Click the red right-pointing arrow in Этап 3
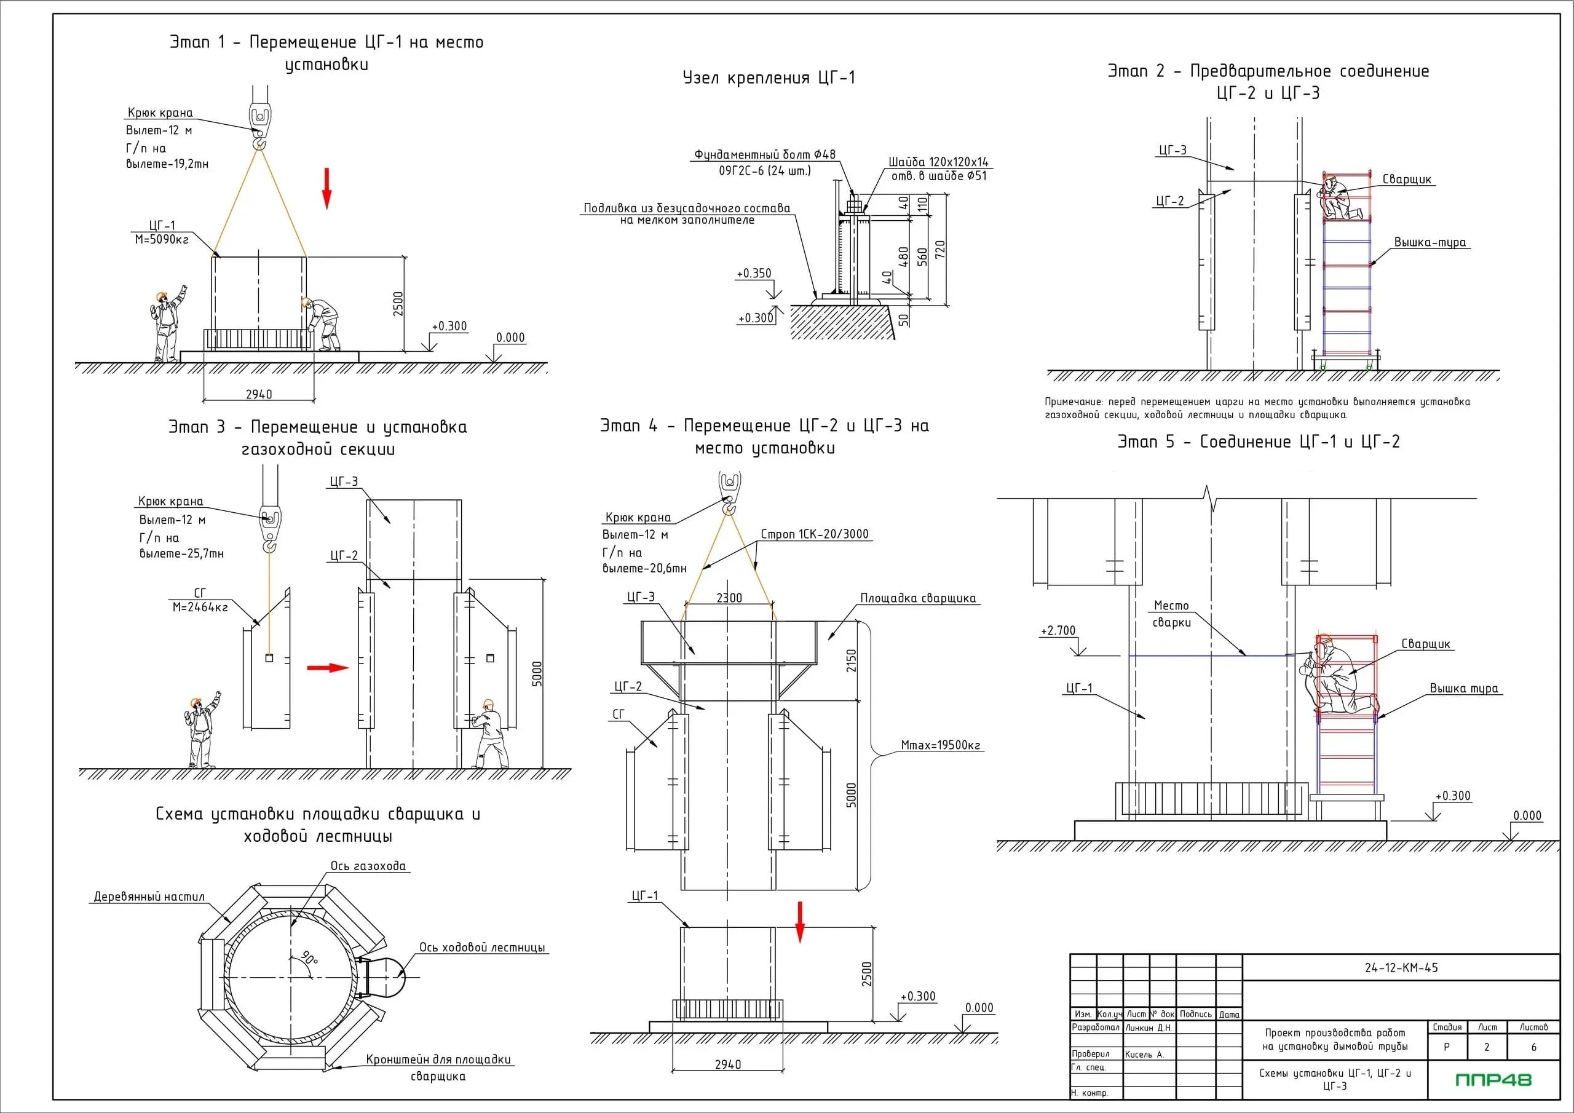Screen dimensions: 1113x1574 (x=328, y=668)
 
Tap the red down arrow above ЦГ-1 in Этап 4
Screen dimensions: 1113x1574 (x=799, y=922)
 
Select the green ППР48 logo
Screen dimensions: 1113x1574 (x=1493, y=1079)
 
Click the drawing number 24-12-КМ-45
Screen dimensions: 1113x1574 (x=1401, y=968)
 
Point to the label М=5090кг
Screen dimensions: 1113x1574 (x=161, y=239)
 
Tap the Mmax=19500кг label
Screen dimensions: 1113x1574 (x=940, y=745)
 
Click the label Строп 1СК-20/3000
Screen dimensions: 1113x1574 (x=815, y=534)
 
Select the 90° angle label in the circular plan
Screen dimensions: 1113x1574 (x=310, y=958)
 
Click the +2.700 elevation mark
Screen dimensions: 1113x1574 (x=1058, y=631)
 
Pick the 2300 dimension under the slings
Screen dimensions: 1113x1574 (x=729, y=598)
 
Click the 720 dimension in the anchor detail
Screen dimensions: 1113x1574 (x=940, y=248)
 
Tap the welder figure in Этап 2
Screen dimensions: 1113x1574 (x=1334, y=198)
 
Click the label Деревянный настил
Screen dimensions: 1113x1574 (x=149, y=897)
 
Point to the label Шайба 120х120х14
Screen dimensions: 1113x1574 (x=938, y=162)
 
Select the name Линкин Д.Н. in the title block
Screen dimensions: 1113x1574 (x=1149, y=1028)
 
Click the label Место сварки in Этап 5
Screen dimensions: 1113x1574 (x=1171, y=614)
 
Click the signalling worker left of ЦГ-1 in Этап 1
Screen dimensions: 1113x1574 (x=167, y=325)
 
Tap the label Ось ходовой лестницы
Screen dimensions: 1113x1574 (x=482, y=947)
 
